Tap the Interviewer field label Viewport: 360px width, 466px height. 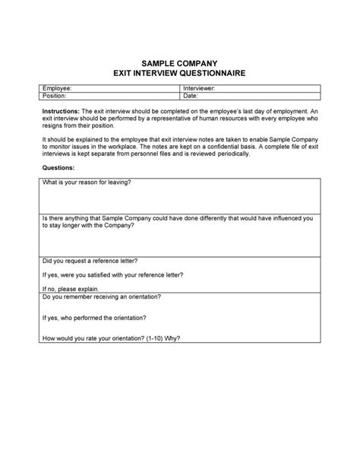click(200, 89)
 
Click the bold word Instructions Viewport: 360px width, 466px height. click(61, 111)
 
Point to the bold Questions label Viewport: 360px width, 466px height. click(58, 166)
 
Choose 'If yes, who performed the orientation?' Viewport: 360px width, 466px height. click(94, 318)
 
